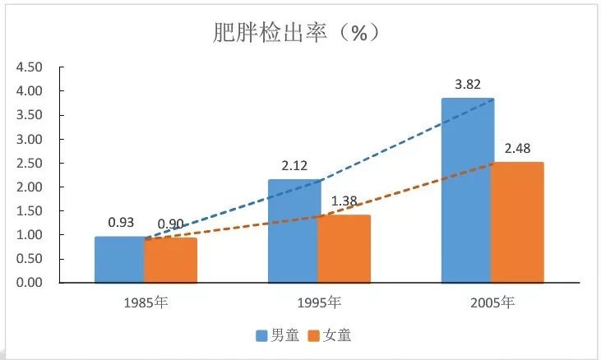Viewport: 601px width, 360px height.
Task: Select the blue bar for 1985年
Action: click(119, 260)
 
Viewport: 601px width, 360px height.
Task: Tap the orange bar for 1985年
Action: click(170, 261)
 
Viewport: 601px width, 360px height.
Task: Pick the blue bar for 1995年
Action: click(293, 231)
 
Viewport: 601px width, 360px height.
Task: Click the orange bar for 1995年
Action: click(344, 249)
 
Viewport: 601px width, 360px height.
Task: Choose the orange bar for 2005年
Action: click(517, 223)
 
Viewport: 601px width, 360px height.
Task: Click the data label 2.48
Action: click(517, 148)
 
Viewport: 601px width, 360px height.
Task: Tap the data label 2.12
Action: click(293, 164)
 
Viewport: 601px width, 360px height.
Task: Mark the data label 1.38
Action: click(344, 201)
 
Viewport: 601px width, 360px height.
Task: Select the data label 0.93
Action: click(121, 222)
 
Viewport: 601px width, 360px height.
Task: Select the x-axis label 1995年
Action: click(318, 302)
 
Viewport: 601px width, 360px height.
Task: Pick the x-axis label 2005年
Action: click(492, 302)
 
